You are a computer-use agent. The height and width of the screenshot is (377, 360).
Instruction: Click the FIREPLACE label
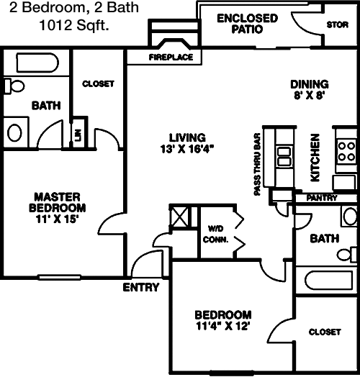point(171,58)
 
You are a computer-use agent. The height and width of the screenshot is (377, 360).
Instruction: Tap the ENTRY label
point(141,287)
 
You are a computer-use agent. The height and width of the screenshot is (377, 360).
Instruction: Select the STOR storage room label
point(338,24)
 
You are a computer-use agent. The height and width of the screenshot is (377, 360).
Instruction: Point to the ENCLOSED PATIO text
point(248,24)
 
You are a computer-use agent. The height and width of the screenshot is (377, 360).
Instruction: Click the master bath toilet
point(14,86)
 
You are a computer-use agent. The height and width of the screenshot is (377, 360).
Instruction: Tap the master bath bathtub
point(37,63)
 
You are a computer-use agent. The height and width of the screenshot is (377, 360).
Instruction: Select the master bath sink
point(14,132)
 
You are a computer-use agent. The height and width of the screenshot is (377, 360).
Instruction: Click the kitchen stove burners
point(346,152)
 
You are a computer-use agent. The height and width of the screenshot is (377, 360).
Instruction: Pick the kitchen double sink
point(284,156)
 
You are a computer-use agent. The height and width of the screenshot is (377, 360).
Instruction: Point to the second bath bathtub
point(330,281)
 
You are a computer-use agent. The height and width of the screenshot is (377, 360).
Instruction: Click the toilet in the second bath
point(347,255)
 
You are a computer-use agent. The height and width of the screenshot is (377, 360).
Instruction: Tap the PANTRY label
point(322,198)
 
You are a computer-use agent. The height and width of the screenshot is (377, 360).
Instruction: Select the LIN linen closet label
point(78,135)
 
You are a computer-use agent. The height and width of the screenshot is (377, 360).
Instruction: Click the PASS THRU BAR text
point(258,164)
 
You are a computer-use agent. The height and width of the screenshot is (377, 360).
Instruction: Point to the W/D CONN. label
point(215,234)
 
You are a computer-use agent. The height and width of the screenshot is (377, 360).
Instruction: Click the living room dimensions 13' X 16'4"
point(187,150)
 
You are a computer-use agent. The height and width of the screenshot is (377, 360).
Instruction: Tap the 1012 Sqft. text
point(74,25)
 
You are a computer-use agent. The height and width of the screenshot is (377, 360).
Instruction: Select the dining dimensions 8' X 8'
point(310,96)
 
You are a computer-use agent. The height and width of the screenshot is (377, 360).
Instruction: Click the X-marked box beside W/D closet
point(179,217)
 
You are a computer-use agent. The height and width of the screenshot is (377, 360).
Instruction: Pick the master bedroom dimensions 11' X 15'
point(58,219)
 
